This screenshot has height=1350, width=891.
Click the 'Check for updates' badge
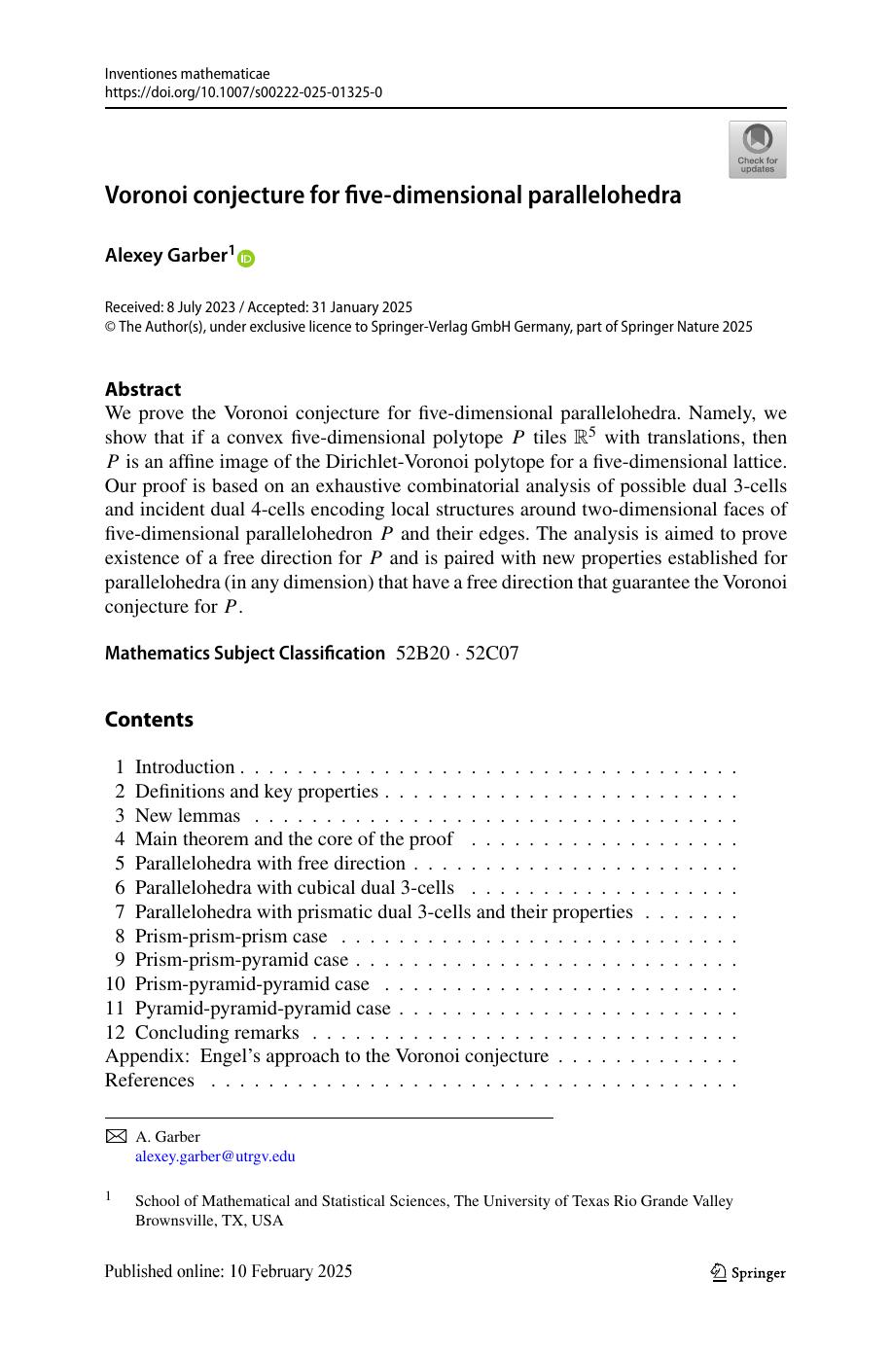(x=757, y=149)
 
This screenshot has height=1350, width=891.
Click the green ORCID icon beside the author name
(x=246, y=258)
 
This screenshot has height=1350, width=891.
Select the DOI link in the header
(x=243, y=92)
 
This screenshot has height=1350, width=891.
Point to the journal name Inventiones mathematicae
(x=187, y=74)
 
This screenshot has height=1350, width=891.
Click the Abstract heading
(x=143, y=389)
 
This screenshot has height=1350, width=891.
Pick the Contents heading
(x=149, y=720)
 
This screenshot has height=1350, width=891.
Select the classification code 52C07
(x=492, y=653)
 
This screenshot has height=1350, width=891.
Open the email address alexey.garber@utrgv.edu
(x=215, y=1156)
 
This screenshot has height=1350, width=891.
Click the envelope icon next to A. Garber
(x=116, y=1136)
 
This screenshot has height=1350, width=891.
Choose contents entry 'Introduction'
(x=185, y=767)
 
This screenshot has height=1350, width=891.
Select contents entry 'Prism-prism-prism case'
(x=232, y=936)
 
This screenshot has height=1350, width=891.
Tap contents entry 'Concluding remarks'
(x=217, y=1032)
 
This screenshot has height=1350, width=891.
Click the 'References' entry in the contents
(x=150, y=1080)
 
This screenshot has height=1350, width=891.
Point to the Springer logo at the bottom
(x=748, y=1272)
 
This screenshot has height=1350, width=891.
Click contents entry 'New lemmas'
(x=188, y=815)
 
